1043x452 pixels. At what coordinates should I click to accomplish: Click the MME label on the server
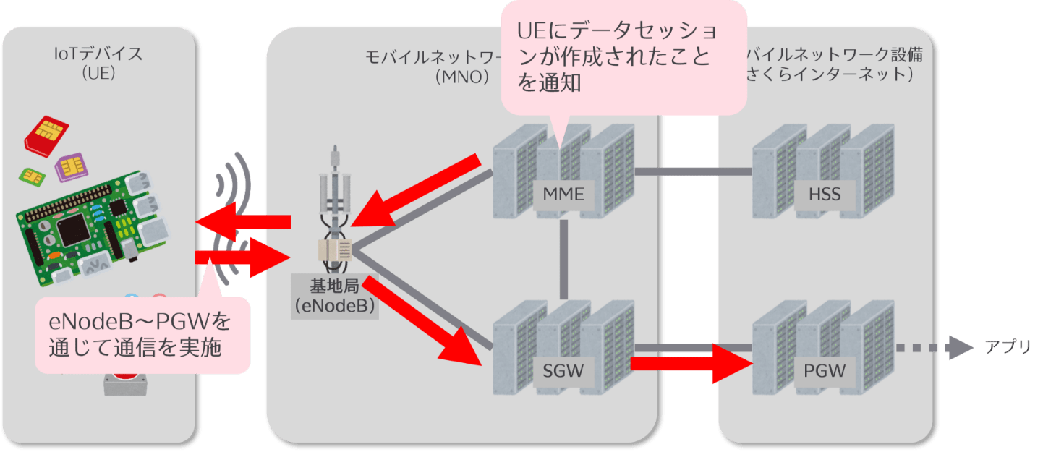[563, 194]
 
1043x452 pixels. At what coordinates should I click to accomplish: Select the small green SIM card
[31, 176]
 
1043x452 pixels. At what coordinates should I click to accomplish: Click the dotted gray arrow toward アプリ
[933, 348]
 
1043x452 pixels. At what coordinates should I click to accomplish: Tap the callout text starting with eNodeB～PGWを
[141, 333]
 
